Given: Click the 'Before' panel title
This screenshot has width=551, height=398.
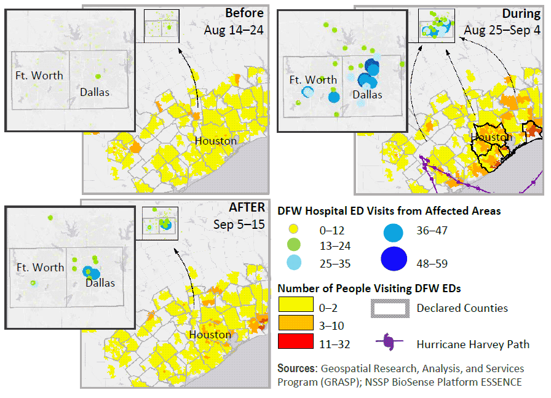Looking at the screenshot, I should click(x=244, y=14).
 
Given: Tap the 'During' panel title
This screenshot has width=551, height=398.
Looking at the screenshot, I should click(x=522, y=14).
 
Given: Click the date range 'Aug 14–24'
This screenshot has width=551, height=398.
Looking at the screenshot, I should click(x=234, y=30).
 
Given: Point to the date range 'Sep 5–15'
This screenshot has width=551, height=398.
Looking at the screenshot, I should click(x=239, y=224).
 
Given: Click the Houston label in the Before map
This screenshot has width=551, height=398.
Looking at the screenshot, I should click(x=215, y=141).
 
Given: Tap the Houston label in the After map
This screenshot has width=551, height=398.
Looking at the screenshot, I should click(x=210, y=335).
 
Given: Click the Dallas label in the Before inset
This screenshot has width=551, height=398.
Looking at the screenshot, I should click(x=95, y=92).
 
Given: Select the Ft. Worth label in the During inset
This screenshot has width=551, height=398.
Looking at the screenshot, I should click(x=313, y=80).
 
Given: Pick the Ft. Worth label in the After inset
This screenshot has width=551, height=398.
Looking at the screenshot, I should click(x=40, y=268).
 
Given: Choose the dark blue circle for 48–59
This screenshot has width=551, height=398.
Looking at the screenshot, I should click(x=394, y=258).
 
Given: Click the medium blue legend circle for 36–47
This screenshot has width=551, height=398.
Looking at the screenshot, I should click(x=394, y=232).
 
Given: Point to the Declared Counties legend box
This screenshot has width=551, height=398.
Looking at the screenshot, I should click(x=390, y=307).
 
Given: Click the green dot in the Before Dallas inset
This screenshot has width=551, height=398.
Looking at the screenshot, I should click(x=98, y=76).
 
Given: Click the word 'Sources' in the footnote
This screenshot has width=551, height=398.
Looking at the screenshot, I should click(x=296, y=368).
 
